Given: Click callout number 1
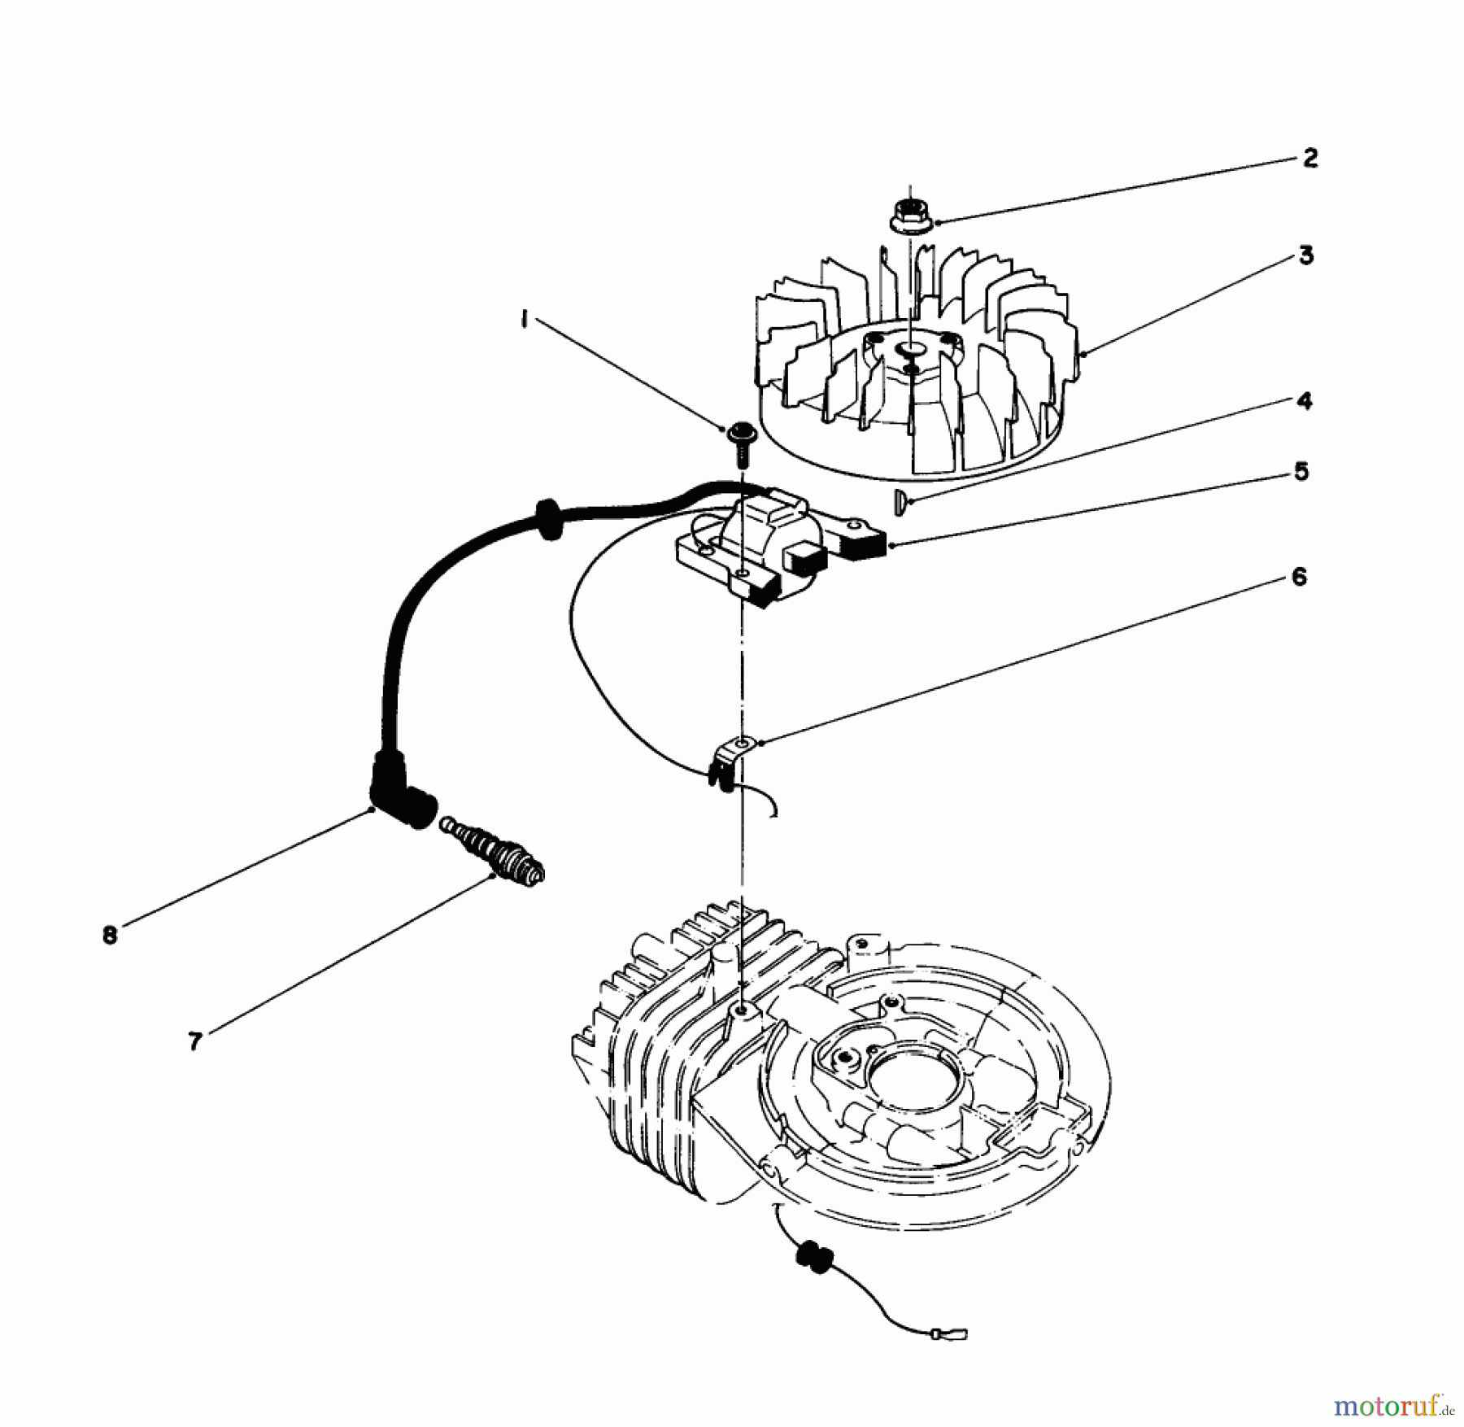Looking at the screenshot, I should pyautogui.click(x=525, y=321).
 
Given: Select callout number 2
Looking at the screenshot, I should pyautogui.click(x=1309, y=157).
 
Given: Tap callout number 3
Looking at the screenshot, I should pyautogui.click(x=1305, y=255).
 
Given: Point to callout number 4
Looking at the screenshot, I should pyautogui.click(x=1304, y=401).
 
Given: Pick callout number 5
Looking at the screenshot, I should pyautogui.click(x=1301, y=471).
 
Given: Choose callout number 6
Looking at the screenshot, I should pyautogui.click(x=1299, y=577).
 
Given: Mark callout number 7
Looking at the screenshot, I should pyautogui.click(x=194, y=1041).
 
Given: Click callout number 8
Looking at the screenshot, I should pyautogui.click(x=110, y=936).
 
